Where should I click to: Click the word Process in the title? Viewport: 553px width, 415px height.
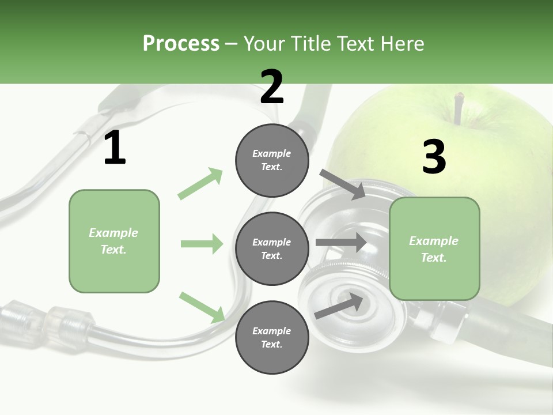[x=181, y=44]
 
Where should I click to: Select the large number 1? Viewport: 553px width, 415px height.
[x=115, y=148]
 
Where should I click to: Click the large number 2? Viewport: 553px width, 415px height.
[x=272, y=87]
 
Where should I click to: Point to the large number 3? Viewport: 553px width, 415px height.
[x=434, y=157]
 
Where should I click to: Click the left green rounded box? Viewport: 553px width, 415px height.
[x=114, y=241]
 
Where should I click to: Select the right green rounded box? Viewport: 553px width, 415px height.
[x=434, y=249]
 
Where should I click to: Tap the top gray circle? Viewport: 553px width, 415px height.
[x=272, y=160]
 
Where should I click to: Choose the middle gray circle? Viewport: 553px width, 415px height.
[x=272, y=249]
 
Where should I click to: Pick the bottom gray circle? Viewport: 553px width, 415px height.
[x=272, y=337]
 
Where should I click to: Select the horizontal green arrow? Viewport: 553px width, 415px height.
[x=202, y=244]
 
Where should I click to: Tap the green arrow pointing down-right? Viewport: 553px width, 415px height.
[x=202, y=307]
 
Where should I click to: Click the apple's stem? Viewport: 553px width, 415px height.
[x=459, y=108]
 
